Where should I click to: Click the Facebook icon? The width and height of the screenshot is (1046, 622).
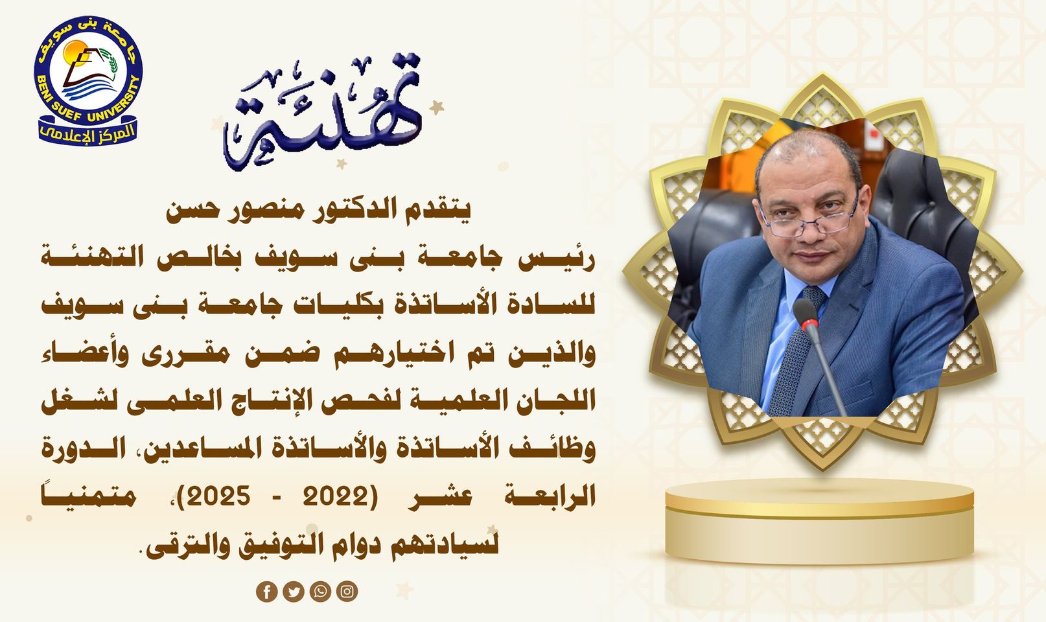click(x=266, y=592)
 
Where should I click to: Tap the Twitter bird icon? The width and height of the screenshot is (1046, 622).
click(x=293, y=592)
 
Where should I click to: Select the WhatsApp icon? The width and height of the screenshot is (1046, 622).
click(x=320, y=592)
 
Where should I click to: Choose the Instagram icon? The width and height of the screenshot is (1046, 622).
click(x=347, y=592)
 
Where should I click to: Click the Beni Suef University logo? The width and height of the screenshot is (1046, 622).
click(x=87, y=80)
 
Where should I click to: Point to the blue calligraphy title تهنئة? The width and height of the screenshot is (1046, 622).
click(x=322, y=112)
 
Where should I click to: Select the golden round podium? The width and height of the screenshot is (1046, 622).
click(x=820, y=521)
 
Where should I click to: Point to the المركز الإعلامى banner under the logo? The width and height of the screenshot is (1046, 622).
click(x=87, y=133)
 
